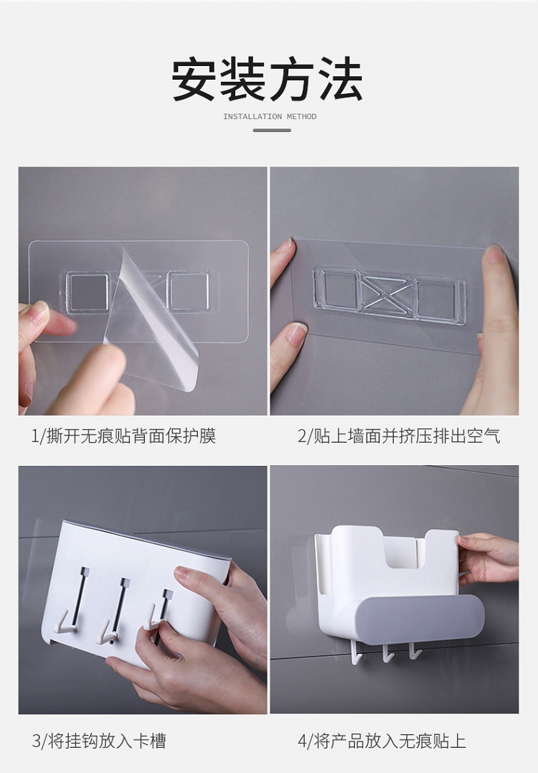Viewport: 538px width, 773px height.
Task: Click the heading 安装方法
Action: pyautogui.click(x=268, y=79)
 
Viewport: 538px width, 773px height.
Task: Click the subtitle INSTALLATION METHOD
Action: pyautogui.click(x=270, y=117)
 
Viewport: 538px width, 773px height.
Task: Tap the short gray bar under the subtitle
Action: pyautogui.click(x=272, y=130)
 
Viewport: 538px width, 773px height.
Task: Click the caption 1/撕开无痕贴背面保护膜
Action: pyautogui.click(x=123, y=436)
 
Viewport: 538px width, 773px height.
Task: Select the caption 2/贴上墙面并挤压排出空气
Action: pyautogui.click(x=399, y=436)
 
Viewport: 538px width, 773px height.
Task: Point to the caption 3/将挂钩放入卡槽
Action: pyautogui.click(x=99, y=741)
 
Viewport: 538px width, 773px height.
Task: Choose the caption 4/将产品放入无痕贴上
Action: pyautogui.click(x=382, y=741)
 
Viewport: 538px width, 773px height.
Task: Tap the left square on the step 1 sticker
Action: pyautogui.click(x=88, y=291)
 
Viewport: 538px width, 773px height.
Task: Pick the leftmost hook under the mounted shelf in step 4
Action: pyautogui.click(x=358, y=652)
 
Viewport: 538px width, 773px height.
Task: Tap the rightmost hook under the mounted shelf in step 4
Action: pyautogui.click(x=415, y=650)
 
